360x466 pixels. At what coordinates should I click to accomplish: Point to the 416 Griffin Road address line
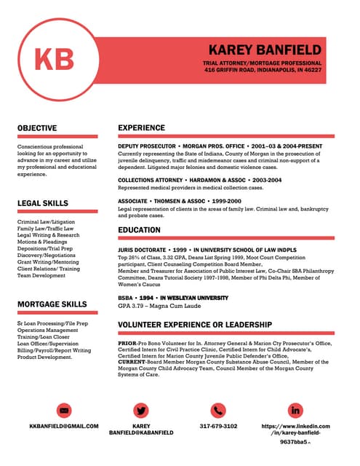[263, 71]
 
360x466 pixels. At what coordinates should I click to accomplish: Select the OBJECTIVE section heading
[37, 128]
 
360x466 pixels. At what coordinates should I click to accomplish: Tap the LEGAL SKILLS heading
[43, 203]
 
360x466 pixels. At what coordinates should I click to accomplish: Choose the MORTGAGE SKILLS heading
[52, 304]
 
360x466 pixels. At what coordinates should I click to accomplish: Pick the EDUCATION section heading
[139, 230]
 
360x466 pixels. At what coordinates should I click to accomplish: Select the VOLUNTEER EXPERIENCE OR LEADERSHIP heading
[195, 324]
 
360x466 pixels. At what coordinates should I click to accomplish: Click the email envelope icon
[63, 410]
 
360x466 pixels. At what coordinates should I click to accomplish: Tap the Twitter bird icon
[141, 410]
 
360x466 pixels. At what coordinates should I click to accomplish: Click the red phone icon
[218, 410]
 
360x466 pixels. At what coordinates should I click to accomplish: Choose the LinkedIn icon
[295, 410]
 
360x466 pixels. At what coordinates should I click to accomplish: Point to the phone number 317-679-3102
[218, 426]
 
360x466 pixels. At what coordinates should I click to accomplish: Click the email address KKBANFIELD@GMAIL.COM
[64, 426]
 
